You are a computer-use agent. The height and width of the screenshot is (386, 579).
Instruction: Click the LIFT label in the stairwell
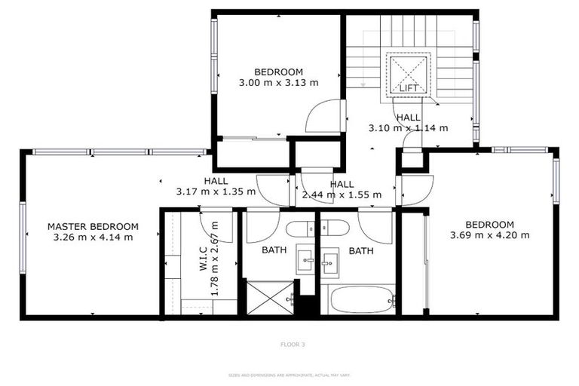click(x=408, y=88)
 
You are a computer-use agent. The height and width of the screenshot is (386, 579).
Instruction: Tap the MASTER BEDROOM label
click(x=93, y=226)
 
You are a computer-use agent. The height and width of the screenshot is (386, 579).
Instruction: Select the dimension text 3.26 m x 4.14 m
click(x=93, y=237)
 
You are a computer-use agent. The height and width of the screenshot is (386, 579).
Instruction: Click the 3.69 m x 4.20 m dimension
click(x=489, y=234)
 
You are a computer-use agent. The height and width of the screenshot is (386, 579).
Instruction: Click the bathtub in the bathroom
click(x=358, y=299)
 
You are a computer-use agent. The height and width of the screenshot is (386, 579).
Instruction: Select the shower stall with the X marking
click(x=269, y=298)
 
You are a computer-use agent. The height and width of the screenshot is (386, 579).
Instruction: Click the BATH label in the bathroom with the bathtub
click(x=361, y=251)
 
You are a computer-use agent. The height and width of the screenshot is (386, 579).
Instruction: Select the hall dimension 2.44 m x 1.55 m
click(x=342, y=195)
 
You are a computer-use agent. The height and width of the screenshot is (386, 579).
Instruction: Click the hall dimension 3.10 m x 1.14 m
click(x=408, y=128)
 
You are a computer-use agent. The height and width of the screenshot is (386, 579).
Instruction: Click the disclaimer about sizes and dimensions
click(x=289, y=375)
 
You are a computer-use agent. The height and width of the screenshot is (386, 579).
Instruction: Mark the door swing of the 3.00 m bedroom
click(x=324, y=117)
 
